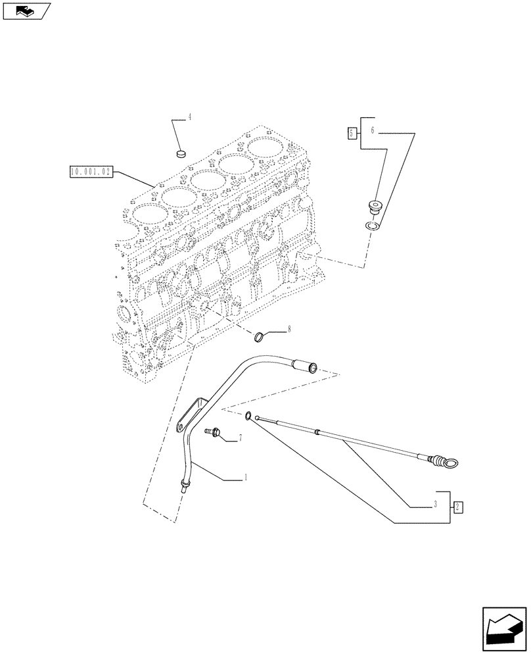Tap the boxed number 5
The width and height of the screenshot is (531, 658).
(x=352, y=134)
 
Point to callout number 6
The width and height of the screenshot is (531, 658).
(x=372, y=131)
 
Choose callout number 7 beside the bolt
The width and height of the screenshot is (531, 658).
(x=241, y=438)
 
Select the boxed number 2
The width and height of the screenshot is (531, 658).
(x=458, y=507)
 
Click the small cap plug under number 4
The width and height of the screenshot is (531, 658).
(x=182, y=154)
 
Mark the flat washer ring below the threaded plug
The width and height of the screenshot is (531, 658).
(x=373, y=227)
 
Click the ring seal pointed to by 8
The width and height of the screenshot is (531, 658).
(x=261, y=338)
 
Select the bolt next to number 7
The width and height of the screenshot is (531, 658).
(x=214, y=432)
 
